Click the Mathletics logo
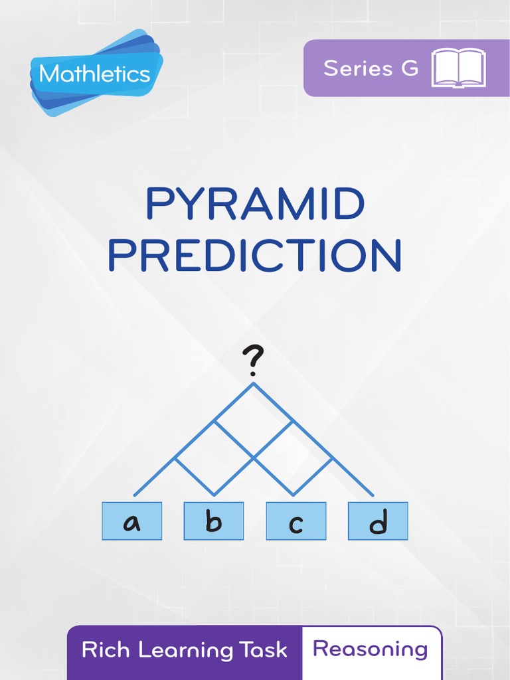(95, 73)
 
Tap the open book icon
(458, 68)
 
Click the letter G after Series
(410, 68)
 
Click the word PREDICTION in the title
(255, 256)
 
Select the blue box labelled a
(132, 521)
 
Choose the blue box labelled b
(214, 521)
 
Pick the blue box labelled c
(296, 521)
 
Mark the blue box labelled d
(378, 521)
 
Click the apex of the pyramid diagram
(253, 383)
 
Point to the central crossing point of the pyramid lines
(254, 458)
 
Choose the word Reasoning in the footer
(371, 649)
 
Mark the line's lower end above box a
(135, 495)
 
